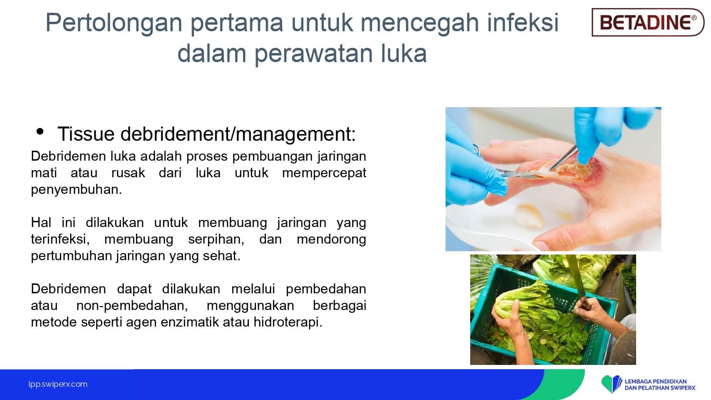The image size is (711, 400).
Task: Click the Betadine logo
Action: (648, 22)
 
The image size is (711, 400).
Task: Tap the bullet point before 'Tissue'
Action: (40, 131)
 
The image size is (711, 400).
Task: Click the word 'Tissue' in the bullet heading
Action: (86, 134)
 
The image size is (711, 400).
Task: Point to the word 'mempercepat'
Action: (324, 173)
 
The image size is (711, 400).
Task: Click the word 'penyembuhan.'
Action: (76, 190)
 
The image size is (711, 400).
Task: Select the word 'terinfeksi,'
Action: (60, 239)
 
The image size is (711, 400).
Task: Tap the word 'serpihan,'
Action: (216, 240)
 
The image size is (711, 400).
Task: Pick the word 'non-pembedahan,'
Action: (132, 306)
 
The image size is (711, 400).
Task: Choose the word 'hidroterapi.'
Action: (288, 323)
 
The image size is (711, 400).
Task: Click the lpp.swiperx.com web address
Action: (58, 384)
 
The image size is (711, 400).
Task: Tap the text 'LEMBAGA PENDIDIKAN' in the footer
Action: (656, 381)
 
